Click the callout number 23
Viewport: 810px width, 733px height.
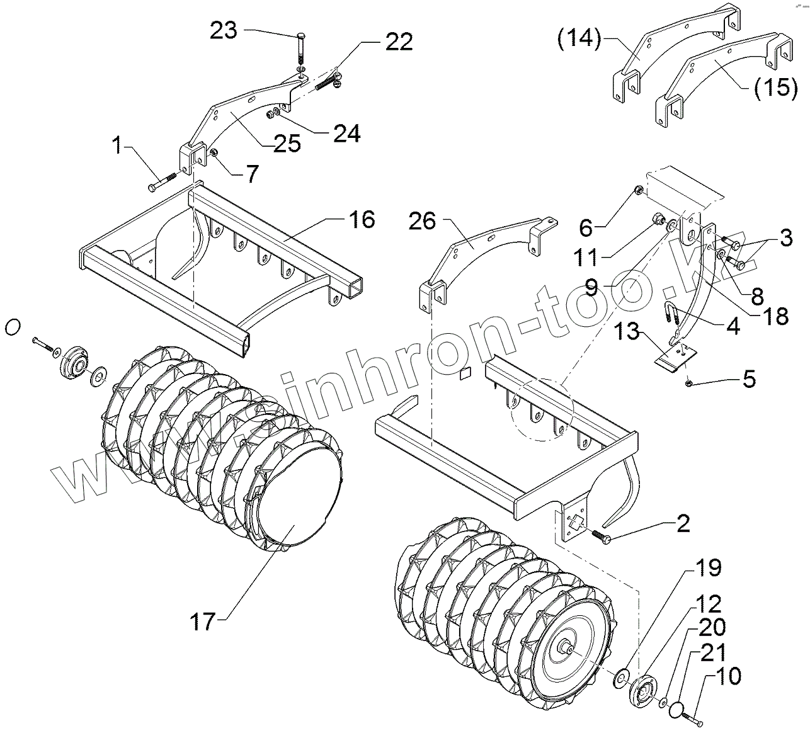pos(224,31)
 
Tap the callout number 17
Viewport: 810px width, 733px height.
pos(203,622)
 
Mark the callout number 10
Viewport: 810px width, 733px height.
pos(727,677)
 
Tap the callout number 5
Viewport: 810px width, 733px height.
pos(748,380)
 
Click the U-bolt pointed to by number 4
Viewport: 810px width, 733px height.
pos(671,313)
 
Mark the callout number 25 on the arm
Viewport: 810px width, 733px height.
pos(287,144)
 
